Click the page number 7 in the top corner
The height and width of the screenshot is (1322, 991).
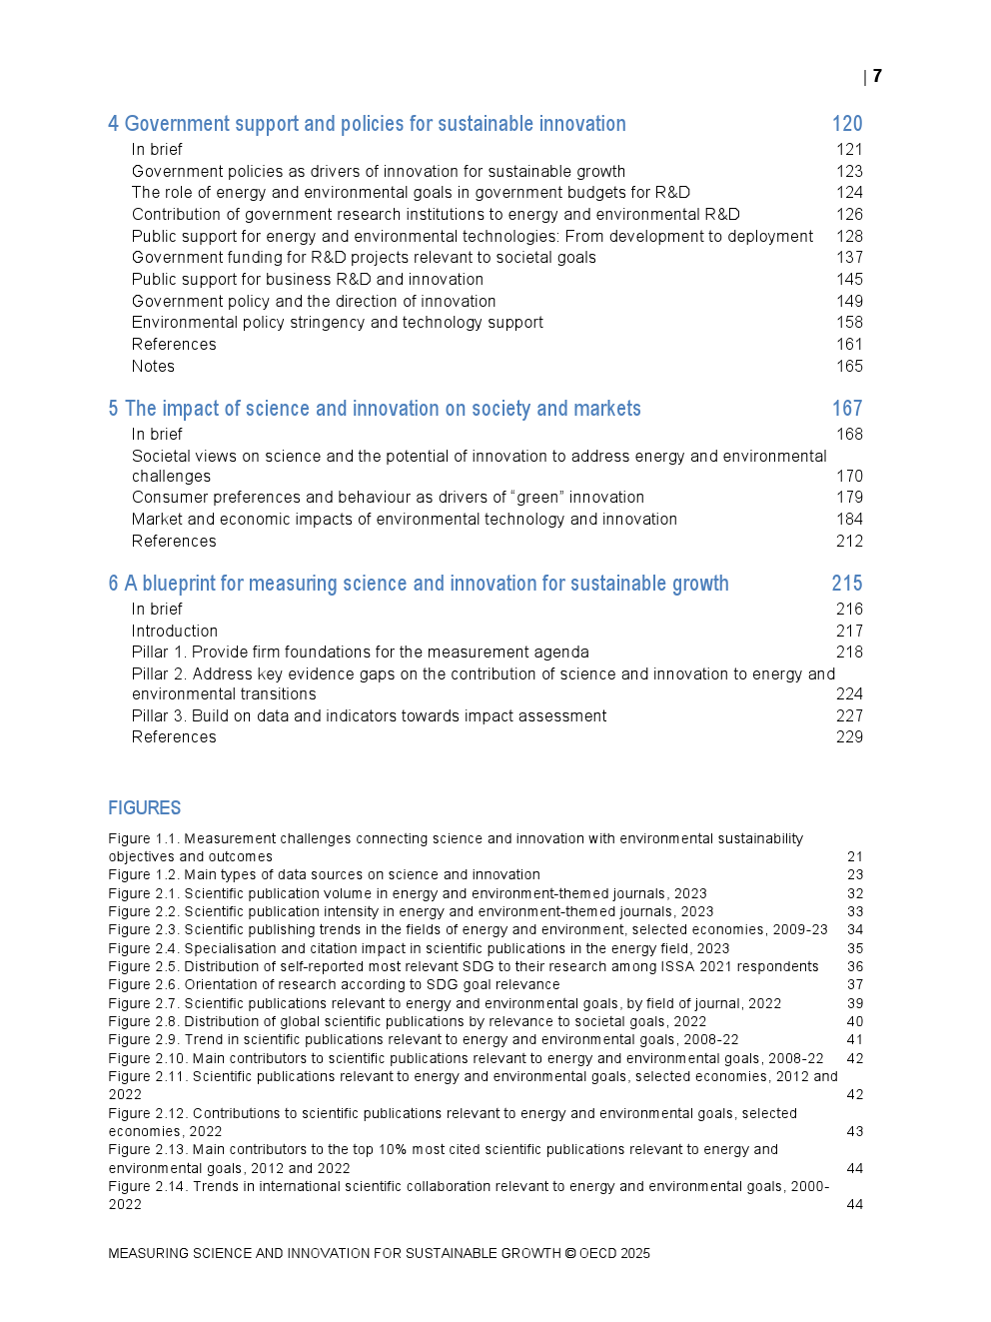tap(877, 76)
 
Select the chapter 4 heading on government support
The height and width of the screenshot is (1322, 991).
tap(367, 124)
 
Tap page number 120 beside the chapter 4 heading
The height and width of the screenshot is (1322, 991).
tap(847, 124)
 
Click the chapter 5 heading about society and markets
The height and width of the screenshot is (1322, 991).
tap(375, 409)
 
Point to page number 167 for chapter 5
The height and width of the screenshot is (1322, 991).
tap(847, 409)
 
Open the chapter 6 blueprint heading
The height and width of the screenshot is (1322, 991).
tap(419, 584)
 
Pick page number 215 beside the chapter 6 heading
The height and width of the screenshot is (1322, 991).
tap(847, 584)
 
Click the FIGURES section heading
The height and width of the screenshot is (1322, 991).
tap(145, 808)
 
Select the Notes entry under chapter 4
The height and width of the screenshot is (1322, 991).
tap(153, 367)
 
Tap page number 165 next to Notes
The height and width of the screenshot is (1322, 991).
tap(849, 367)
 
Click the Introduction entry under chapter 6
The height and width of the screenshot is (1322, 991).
tap(175, 632)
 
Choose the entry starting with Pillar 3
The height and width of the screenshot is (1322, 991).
tap(369, 716)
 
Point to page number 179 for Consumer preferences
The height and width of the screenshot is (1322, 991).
tap(849, 498)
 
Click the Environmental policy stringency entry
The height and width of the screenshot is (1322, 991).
tap(338, 323)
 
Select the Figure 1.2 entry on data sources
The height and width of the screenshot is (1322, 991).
tap(324, 875)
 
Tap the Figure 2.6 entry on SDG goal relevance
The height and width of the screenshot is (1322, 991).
tap(334, 985)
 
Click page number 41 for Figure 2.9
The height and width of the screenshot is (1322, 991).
tap(855, 1040)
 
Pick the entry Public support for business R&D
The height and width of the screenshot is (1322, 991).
tap(308, 280)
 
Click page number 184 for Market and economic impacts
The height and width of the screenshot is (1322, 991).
tap(849, 520)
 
